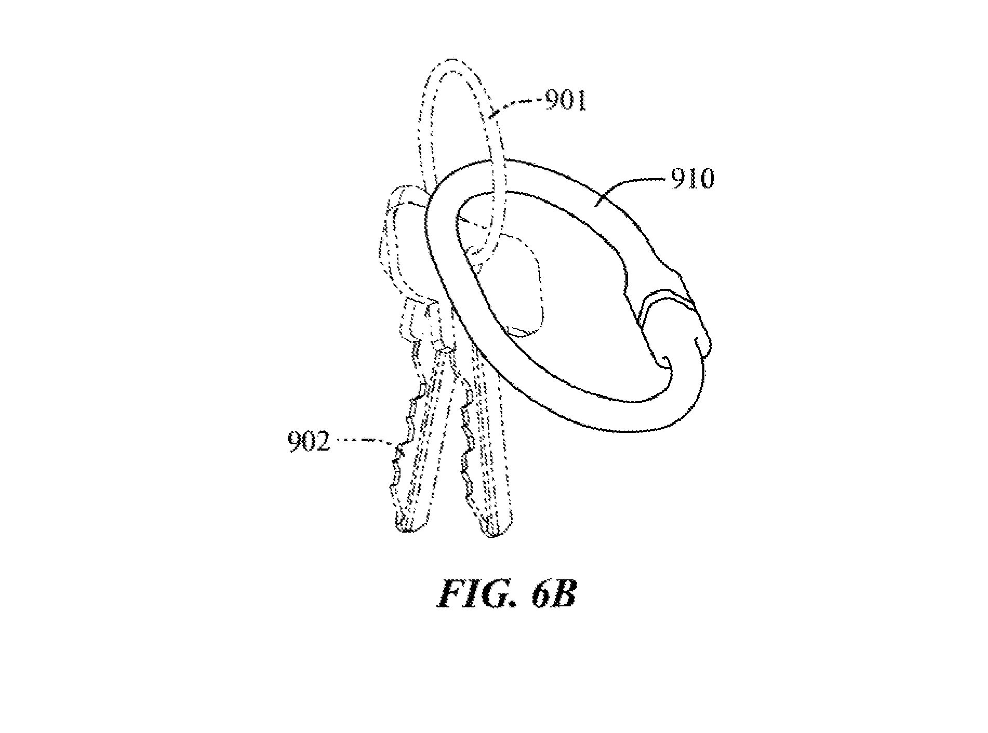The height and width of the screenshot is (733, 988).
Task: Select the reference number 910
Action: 692,179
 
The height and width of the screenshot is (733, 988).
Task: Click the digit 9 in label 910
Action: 678,179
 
